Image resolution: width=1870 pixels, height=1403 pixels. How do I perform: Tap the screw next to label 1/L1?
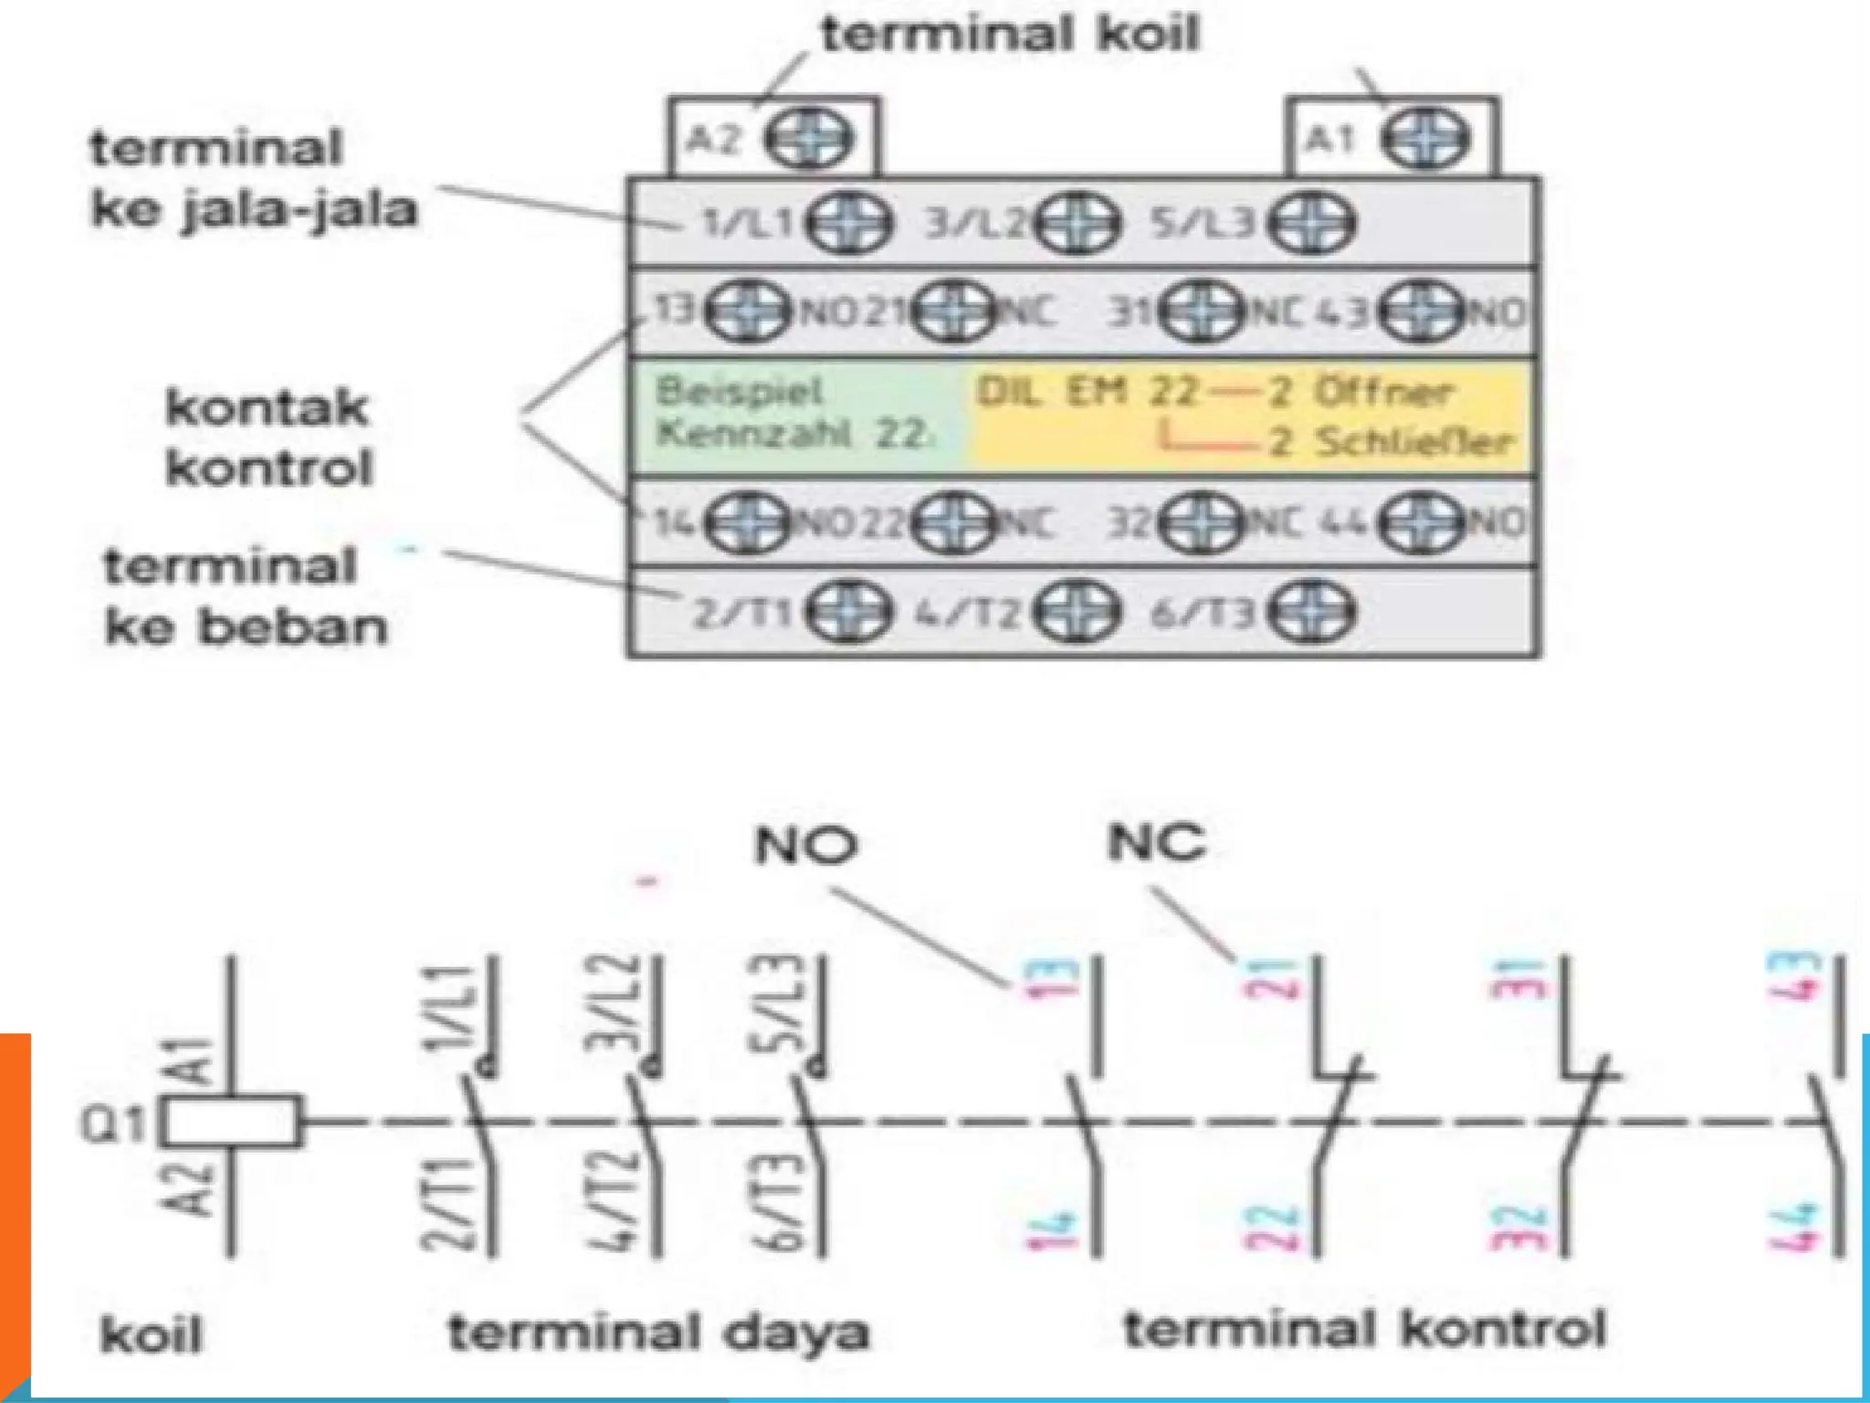pos(850,224)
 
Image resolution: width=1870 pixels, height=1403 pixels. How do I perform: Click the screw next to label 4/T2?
pos(1077,613)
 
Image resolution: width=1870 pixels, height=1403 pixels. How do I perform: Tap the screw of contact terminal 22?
pos(953,522)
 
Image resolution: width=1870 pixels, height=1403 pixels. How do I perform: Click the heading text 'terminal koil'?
pos(1009,35)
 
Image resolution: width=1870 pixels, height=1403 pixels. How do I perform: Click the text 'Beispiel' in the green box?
pos(740,392)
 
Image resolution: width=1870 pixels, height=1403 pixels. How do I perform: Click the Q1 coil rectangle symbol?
pos(231,1121)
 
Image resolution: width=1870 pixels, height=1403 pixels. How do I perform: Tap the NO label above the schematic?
pos(806,845)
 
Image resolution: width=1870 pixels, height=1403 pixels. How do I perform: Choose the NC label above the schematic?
pos(1156,841)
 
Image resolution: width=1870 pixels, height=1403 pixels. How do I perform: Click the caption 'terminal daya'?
pos(657,1333)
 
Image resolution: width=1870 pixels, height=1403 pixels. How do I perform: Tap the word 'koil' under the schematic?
pos(152,1335)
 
